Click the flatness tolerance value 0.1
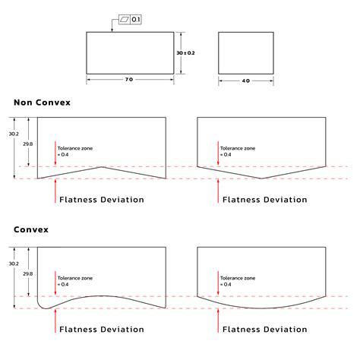tap(136, 18)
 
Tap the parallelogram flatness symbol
tap(124, 18)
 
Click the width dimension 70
tap(128, 80)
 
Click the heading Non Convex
tap(43, 102)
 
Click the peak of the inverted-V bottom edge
tap(102, 166)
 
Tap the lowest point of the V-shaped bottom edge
tap(261, 178)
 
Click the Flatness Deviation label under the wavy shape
tap(102, 330)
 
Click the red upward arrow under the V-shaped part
tap(219, 191)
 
